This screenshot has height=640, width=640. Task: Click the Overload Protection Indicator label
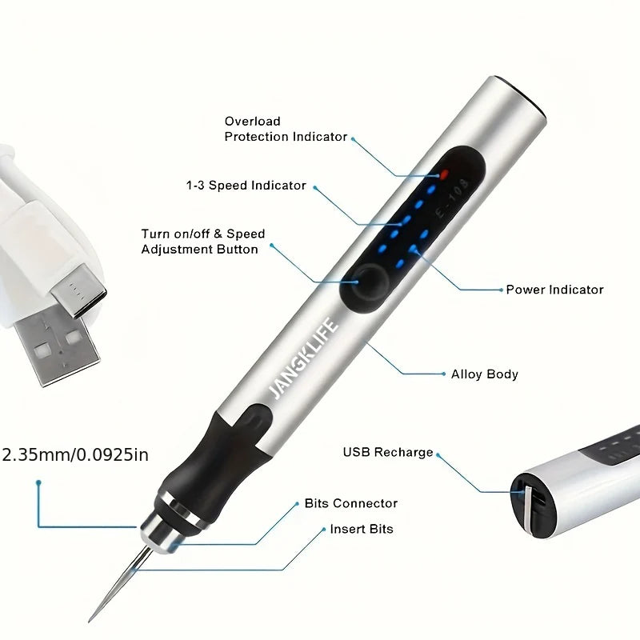click(286, 129)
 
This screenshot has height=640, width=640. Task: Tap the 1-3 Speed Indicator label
click(246, 186)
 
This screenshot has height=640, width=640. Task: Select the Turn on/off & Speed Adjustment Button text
click(202, 242)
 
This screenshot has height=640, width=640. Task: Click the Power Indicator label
click(554, 290)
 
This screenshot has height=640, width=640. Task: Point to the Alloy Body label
click(484, 374)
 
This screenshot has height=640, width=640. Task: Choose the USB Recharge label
click(388, 452)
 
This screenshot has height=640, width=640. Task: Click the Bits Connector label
click(350, 503)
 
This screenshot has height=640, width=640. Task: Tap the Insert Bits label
click(361, 529)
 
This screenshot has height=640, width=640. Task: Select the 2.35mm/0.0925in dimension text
click(76, 455)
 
